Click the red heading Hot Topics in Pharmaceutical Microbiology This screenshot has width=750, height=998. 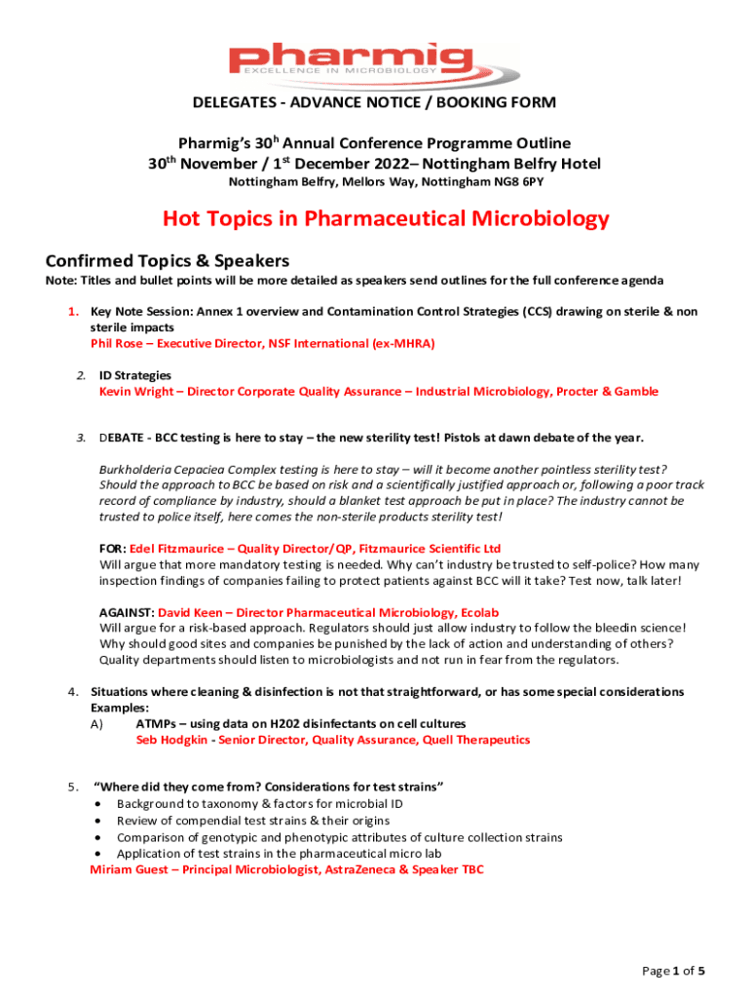(386, 217)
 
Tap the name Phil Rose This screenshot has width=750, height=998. (118, 343)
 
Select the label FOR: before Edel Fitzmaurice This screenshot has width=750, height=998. (113, 549)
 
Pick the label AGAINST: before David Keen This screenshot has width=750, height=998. (127, 612)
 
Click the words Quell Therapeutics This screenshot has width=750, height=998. (476, 740)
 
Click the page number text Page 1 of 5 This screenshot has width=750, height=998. (673, 971)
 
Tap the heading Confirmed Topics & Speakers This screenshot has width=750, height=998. (167, 260)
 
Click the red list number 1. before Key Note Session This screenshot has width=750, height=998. (72, 311)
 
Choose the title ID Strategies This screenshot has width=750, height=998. (134, 374)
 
